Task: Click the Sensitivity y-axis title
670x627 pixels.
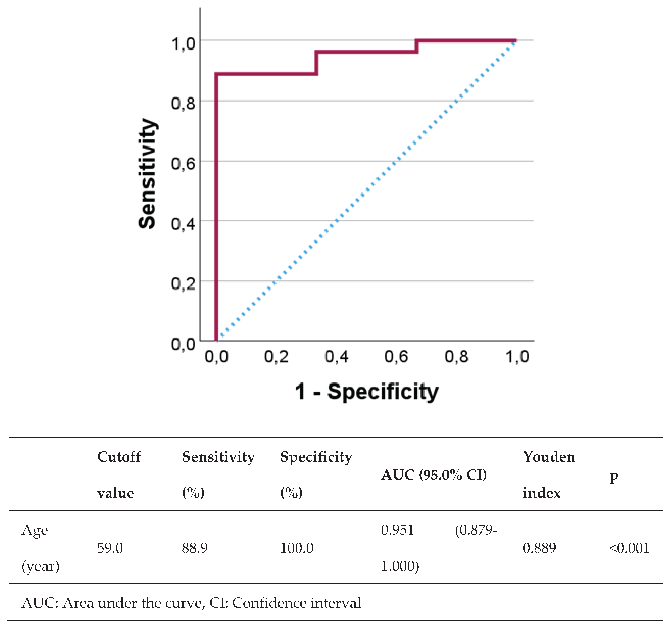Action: click(147, 174)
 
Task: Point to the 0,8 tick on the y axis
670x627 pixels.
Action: click(183, 103)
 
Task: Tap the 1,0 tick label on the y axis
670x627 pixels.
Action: click(183, 44)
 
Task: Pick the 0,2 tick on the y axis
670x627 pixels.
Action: click(183, 283)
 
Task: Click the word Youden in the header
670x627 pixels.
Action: click(549, 457)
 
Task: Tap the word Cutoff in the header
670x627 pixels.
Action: click(119, 457)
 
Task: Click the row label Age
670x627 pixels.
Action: click(35, 530)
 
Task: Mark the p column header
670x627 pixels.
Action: click(613, 476)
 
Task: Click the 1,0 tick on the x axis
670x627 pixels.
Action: click(517, 357)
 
